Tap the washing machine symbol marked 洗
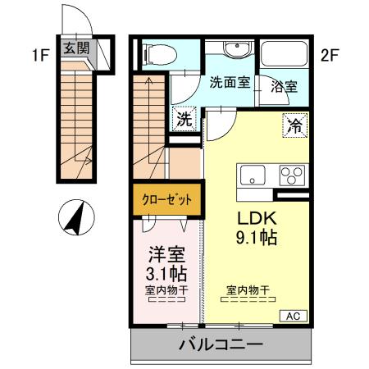click(184, 117)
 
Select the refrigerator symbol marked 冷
click(294, 125)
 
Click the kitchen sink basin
click(252, 173)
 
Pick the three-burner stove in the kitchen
click(291, 174)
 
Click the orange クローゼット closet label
click(168, 199)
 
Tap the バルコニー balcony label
click(221, 344)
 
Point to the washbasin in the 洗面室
click(230, 50)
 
